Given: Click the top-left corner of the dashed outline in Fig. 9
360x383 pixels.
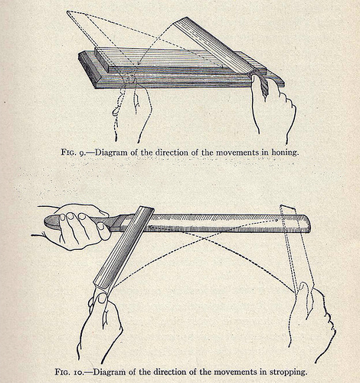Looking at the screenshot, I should tap(67, 13).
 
